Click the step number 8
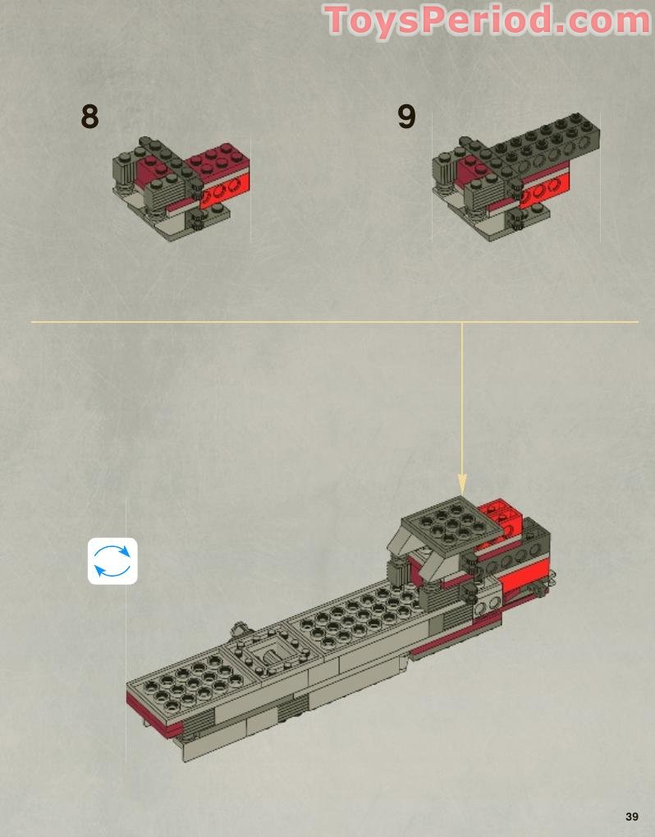point(89,117)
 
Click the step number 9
point(406,117)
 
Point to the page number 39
point(631,816)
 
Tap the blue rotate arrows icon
point(112,561)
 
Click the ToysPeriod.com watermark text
point(488,20)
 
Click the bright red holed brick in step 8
point(228,190)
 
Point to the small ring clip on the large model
point(239,631)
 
